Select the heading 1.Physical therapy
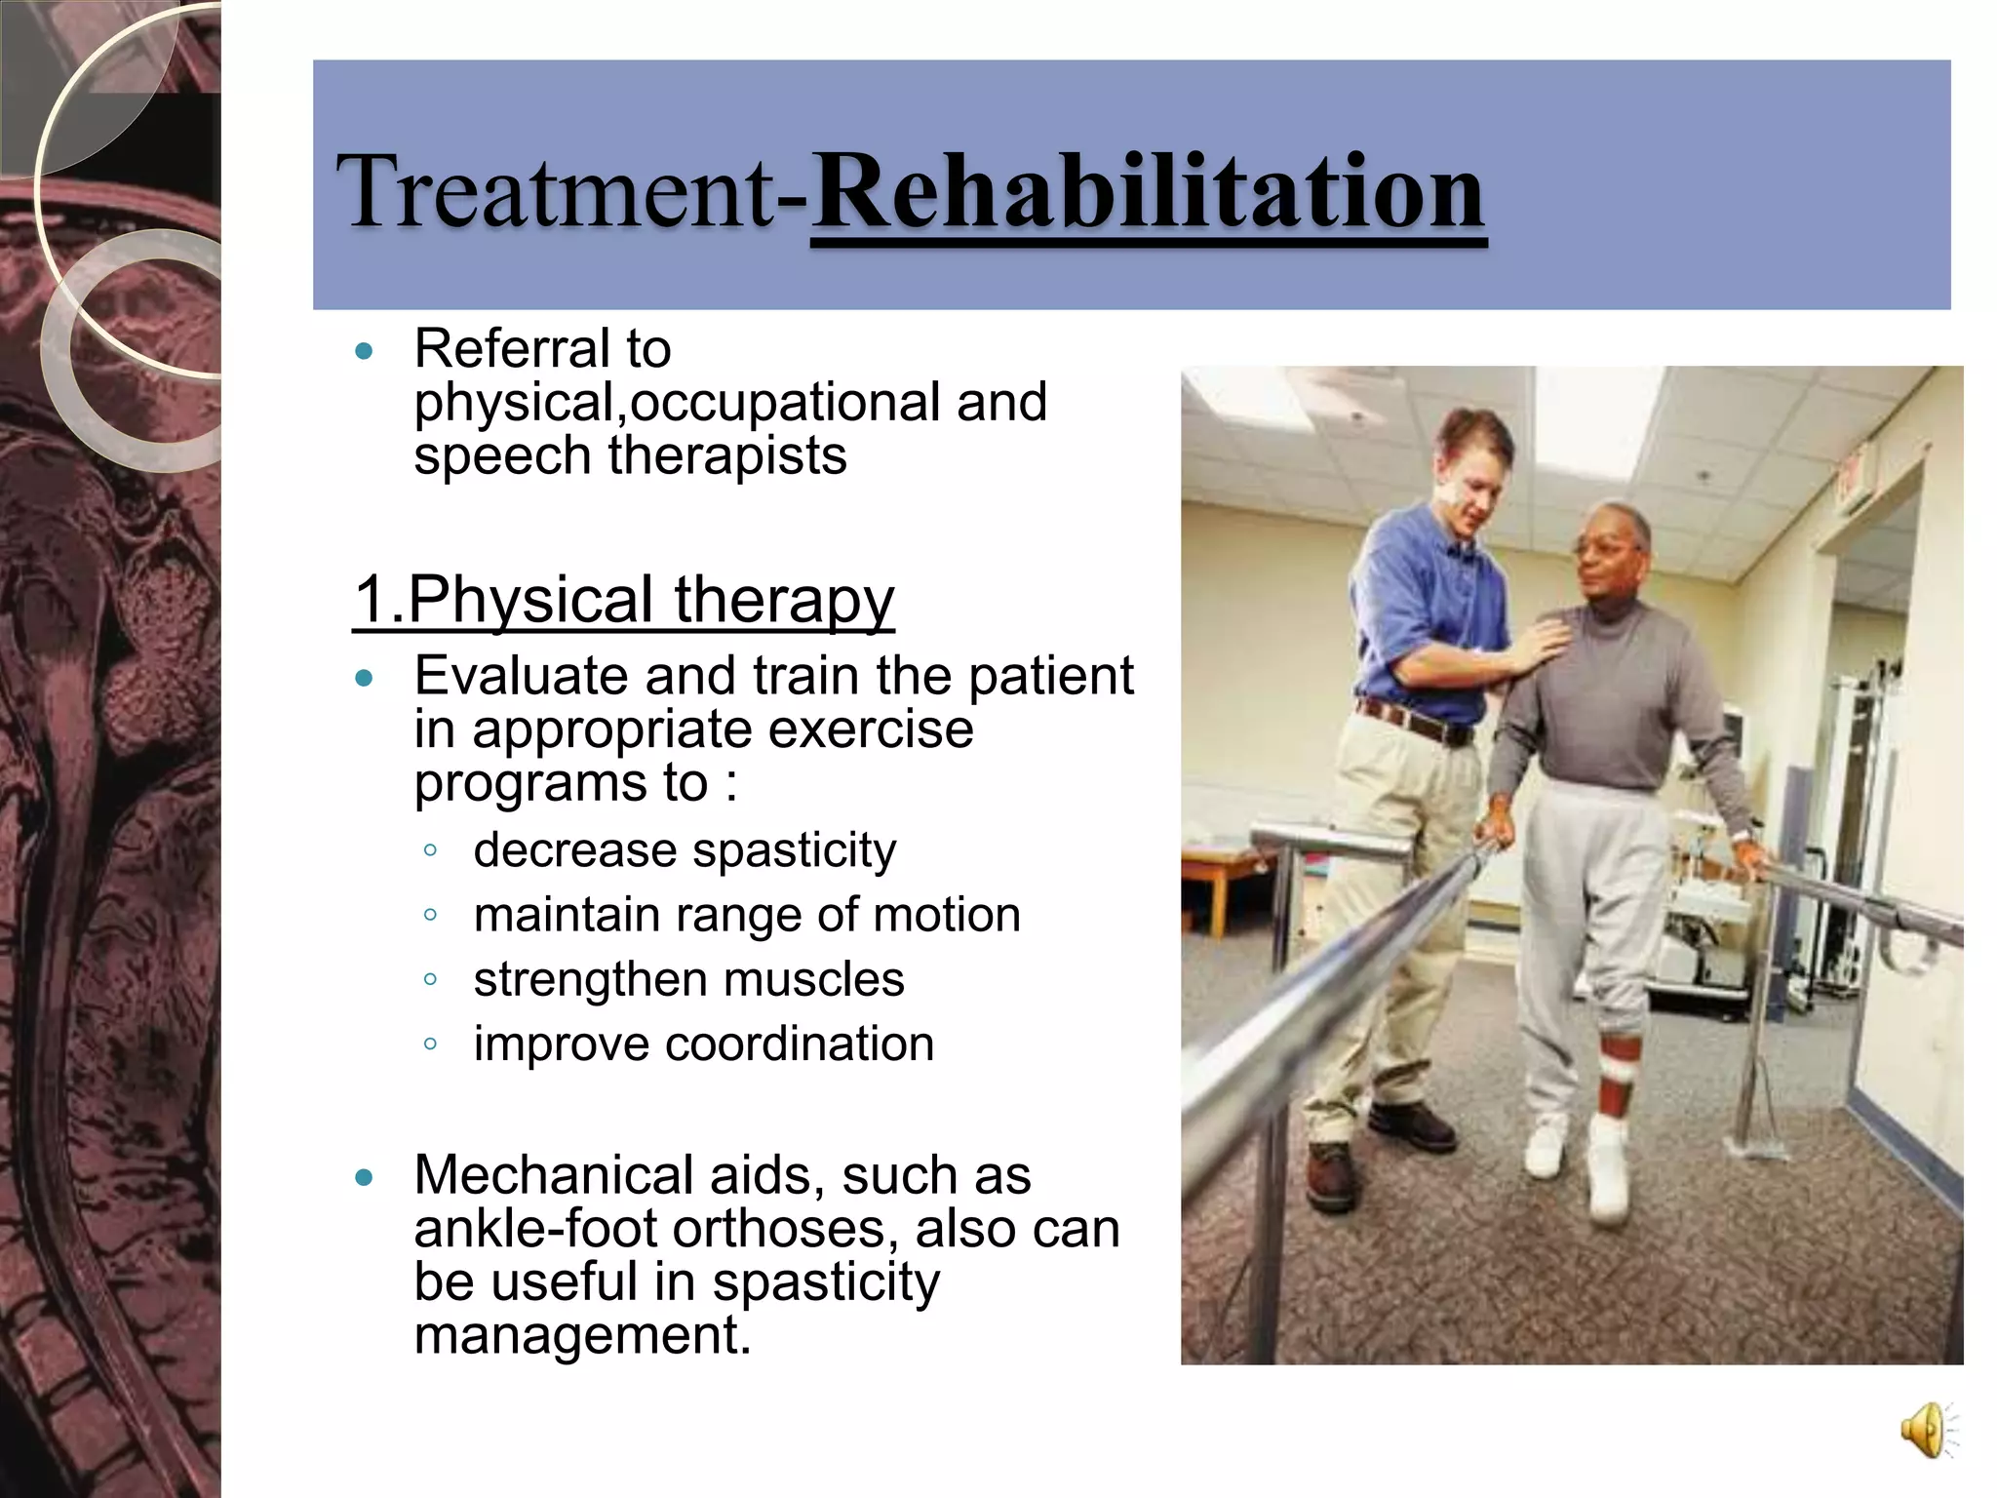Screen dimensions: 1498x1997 pos(624,599)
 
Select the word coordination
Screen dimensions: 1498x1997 pos(800,1044)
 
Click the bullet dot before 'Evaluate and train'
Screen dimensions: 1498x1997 pos(365,678)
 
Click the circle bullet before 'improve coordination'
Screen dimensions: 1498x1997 pos(430,1045)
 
